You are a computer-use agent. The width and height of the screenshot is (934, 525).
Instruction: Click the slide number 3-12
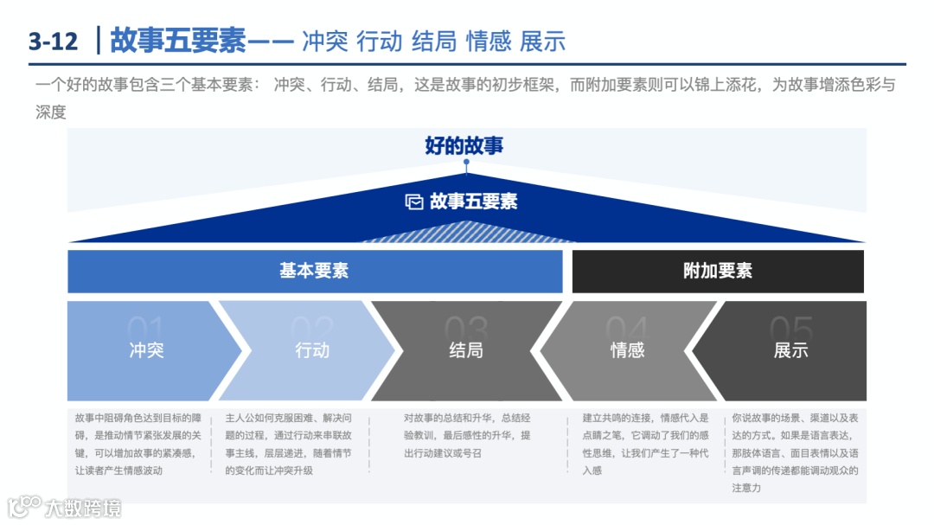click(53, 41)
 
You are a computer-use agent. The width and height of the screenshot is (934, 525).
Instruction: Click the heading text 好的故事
click(464, 145)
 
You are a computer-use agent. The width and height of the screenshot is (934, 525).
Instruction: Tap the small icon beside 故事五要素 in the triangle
click(414, 202)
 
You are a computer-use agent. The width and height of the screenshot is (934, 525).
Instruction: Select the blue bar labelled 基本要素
click(314, 271)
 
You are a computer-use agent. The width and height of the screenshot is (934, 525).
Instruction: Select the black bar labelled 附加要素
click(718, 271)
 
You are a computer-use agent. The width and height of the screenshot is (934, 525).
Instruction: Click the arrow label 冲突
click(146, 350)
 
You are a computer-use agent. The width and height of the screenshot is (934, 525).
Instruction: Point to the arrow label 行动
click(312, 350)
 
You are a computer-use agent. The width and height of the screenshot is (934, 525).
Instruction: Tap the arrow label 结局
click(466, 350)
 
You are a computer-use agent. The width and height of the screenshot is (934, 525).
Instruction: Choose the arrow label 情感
click(628, 350)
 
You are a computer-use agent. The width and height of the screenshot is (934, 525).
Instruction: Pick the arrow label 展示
click(791, 350)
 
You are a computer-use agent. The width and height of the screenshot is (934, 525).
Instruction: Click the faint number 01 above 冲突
click(146, 329)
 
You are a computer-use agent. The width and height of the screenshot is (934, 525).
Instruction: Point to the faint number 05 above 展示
click(791, 329)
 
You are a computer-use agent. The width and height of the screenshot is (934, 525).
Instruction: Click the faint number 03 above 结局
click(466, 329)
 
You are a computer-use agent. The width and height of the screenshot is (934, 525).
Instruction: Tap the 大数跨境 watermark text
click(83, 508)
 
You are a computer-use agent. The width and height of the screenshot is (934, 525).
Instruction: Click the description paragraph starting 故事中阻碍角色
click(138, 444)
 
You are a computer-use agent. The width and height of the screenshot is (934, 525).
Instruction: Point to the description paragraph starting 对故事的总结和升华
click(467, 435)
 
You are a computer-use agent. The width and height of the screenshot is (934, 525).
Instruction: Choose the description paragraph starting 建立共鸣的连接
click(645, 444)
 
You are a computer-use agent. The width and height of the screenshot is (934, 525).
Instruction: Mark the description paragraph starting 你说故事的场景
click(795, 452)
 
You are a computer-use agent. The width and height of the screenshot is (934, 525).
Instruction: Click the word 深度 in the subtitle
click(51, 112)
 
